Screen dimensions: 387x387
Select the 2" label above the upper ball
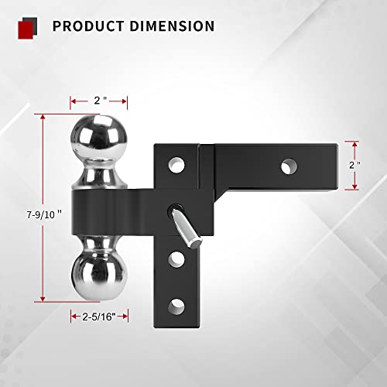point(99,101)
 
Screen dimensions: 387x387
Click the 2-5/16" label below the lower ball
point(100,315)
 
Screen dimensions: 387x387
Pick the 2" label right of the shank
point(353,165)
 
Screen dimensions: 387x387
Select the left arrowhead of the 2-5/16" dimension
point(74,316)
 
